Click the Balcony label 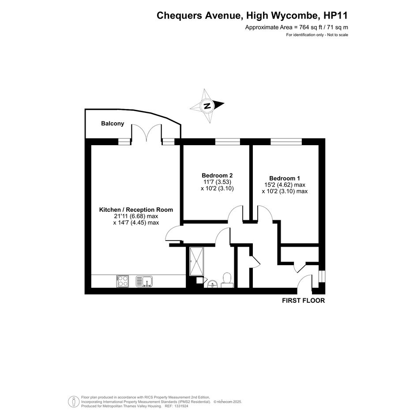coord(113,124)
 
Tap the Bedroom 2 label coord(217,176)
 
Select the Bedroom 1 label coord(285,178)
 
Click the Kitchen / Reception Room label coord(136,210)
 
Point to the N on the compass coord(207,106)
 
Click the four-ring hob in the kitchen coord(122,281)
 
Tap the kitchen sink coord(144,282)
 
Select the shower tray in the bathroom coord(196,261)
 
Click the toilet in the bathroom coord(227,280)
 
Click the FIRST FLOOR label coord(304,301)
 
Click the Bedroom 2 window coord(227,142)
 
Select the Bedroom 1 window coord(286,142)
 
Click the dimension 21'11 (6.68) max coord(136,216)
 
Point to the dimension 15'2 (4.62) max coord(285,185)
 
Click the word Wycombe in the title coord(295,16)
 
